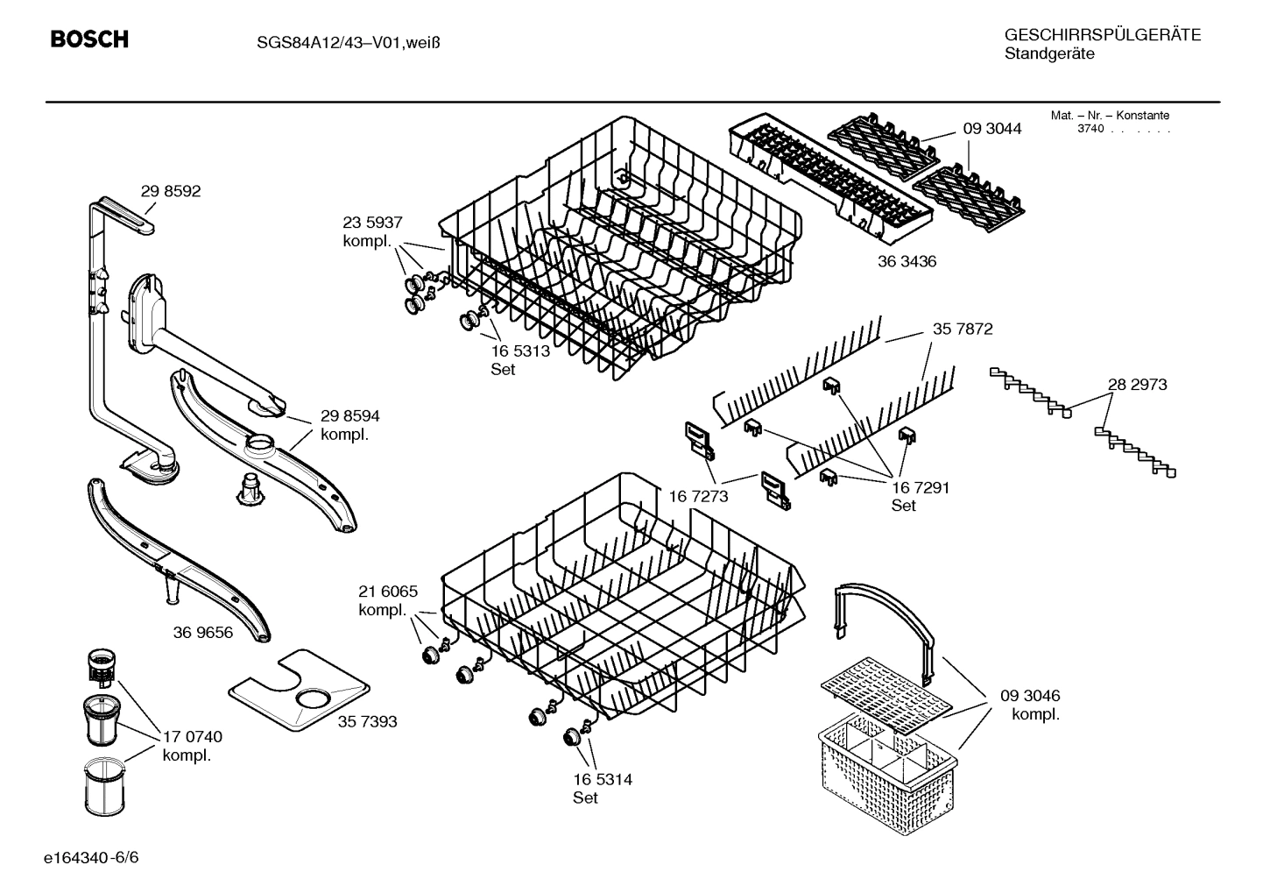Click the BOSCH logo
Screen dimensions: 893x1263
89,39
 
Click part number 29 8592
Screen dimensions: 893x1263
171,191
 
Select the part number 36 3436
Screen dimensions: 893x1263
907,261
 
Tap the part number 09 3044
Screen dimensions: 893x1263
992,129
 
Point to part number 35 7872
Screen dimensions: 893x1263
963,330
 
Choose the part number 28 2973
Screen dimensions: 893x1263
1137,384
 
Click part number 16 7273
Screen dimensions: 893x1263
698,497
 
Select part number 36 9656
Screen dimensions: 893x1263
203,632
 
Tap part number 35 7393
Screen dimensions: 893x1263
367,721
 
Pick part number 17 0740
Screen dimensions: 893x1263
193,736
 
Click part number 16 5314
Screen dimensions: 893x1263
603,779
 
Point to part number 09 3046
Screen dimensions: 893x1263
1030,696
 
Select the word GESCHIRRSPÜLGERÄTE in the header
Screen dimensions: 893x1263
1102,35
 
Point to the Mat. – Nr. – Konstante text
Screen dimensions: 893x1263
1110,116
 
